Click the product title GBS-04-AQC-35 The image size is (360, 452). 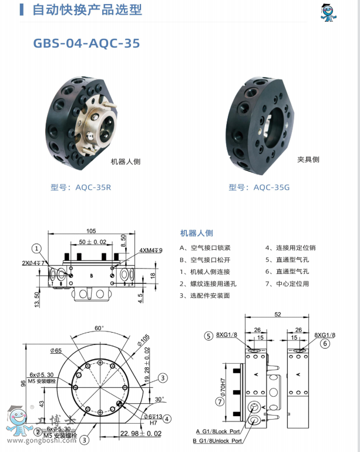87,43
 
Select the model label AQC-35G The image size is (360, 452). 259,188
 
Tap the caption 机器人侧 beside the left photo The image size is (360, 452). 126,161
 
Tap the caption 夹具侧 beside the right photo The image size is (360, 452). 308,159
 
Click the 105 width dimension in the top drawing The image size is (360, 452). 91,231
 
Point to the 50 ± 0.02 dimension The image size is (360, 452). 93,242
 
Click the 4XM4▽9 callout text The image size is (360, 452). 151,250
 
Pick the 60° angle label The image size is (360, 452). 99,328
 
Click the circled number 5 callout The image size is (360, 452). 208,336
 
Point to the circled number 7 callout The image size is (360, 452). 220,402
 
